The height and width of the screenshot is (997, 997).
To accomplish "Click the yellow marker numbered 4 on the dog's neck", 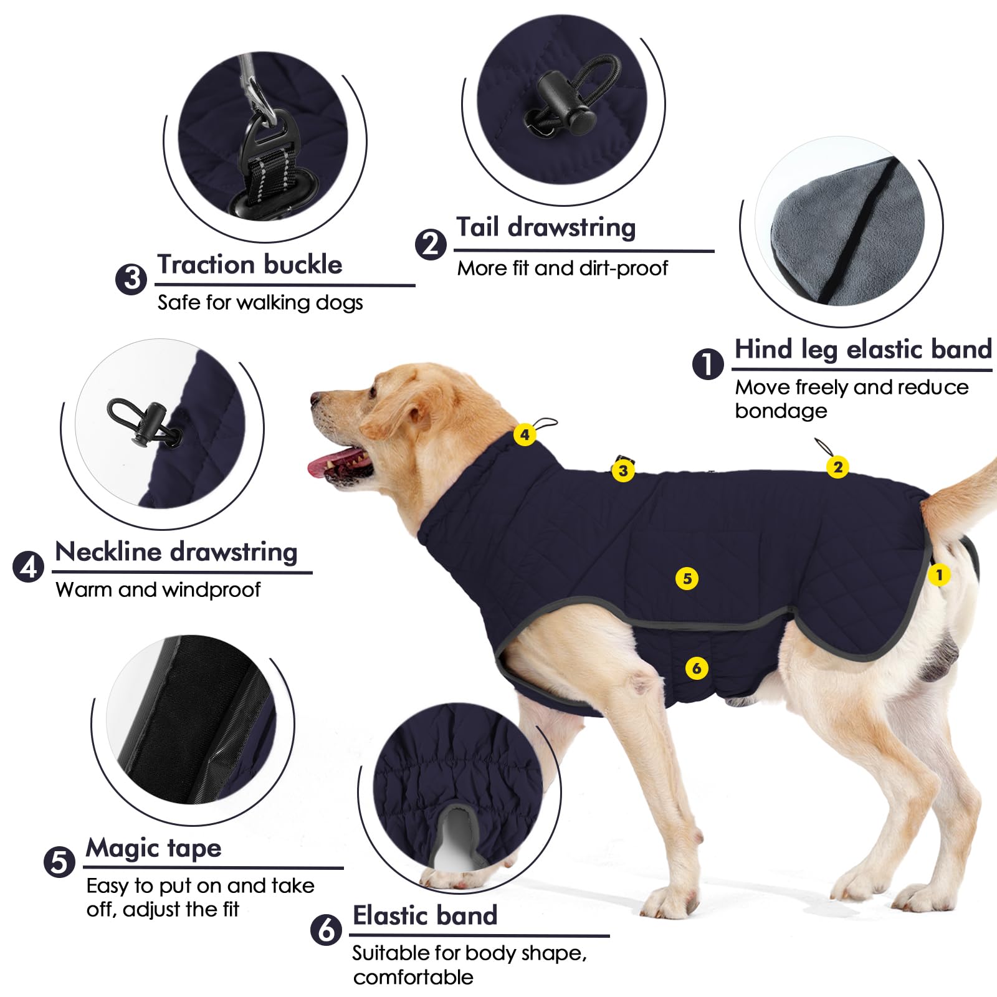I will pyautogui.click(x=525, y=434).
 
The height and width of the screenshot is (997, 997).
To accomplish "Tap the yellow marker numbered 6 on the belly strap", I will pyautogui.click(x=696, y=669).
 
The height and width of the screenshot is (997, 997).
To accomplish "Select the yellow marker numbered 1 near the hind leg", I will pyautogui.click(x=938, y=575).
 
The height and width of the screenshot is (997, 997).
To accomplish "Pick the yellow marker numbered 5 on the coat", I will pyautogui.click(x=687, y=578).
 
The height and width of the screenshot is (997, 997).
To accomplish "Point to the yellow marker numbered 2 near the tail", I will pyautogui.click(x=837, y=467).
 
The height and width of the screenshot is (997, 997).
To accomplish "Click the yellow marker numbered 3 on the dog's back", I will pyautogui.click(x=623, y=470).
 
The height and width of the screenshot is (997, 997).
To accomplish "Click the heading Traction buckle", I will pyautogui.click(x=249, y=265).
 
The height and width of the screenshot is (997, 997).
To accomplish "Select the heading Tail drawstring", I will pyautogui.click(x=546, y=227).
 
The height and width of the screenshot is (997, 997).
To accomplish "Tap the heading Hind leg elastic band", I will pyautogui.click(x=862, y=350).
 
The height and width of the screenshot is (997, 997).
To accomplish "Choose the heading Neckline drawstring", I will pyautogui.click(x=176, y=552).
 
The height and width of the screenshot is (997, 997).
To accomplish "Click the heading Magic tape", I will pyautogui.click(x=153, y=848).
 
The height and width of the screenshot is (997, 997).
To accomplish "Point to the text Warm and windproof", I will pyautogui.click(x=158, y=589).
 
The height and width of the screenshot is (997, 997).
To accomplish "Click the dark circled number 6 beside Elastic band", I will pyautogui.click(x=326, y=930).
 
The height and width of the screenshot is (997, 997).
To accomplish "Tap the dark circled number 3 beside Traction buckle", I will pyautogui.click(x=131, y=278).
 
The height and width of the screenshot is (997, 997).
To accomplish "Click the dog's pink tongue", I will pyautogui.click(x=327, y=464).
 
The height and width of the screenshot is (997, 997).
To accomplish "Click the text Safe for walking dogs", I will pyautogui.click(x=260, y=303).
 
